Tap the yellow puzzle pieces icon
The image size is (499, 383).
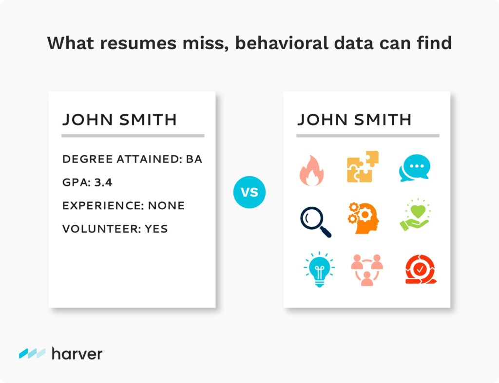coord(363,167)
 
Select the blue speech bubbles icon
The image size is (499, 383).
coord(414,168)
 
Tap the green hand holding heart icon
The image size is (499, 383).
coord(415,216)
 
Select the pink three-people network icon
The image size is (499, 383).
coord(367,270)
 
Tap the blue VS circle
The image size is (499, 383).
coord(249,192)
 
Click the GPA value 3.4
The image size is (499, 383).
coord(103,182)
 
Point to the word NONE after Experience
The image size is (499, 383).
coord(166,206)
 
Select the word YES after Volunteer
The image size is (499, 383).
coord(156,229)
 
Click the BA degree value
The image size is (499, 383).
coord(194,159)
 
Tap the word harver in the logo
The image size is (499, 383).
coord(77,354)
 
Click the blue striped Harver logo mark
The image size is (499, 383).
coord(32,353)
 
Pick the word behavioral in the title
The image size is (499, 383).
coord(282,43)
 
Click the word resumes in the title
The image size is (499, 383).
coord(138,43)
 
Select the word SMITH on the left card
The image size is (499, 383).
coord(148,120)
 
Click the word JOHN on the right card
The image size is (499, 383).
coord(323,120)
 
